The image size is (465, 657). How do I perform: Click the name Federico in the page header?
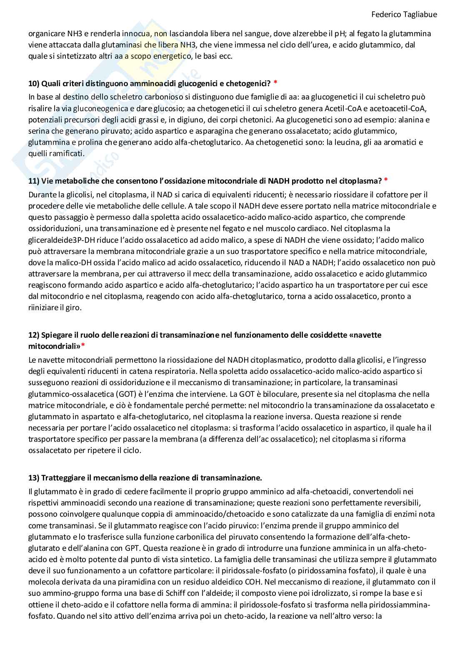[x=384, y=14]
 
